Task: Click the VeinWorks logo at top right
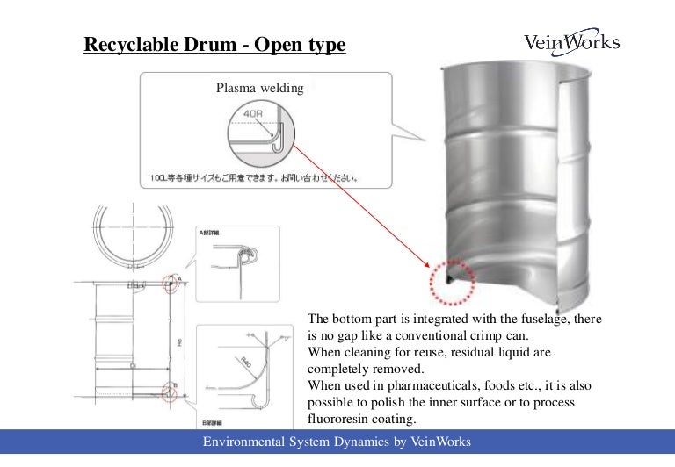click(571, 42)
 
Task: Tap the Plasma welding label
click(259, 88)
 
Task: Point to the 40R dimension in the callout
click(255, 115)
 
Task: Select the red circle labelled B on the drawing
click(171, 392)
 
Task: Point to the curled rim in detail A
click(255, 257)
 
